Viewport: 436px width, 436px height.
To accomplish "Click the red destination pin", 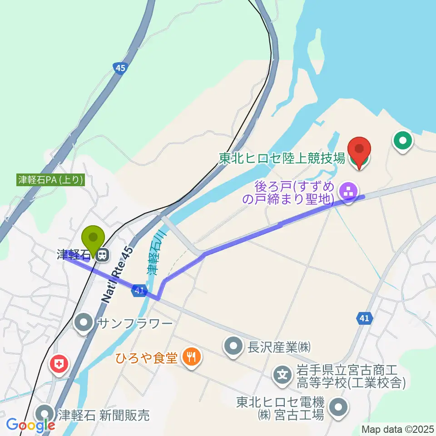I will (x=359, y=150).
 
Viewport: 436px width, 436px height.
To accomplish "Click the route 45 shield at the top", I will (x=119, y=68).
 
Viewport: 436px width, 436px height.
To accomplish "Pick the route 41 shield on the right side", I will (x=364, y=319).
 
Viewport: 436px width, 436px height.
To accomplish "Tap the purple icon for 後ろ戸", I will (x=348, y=192).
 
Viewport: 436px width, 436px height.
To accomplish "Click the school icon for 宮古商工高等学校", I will (x=282, y=376).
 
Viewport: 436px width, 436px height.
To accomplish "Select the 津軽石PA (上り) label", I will (x=50, y=179).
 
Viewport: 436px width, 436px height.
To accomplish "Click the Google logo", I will (x=30, y=426).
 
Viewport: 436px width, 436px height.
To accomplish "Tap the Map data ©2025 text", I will (x=397, y=429).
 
